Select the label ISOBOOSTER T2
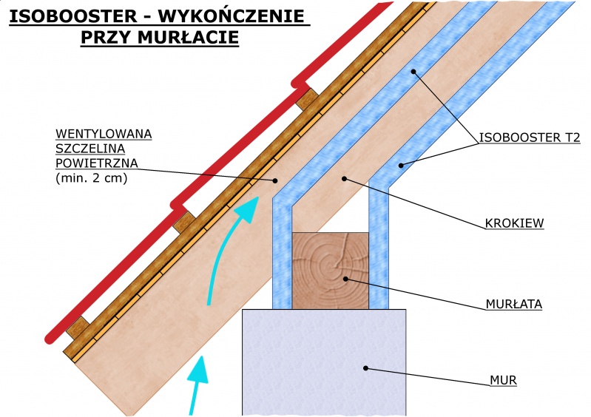click(x=530, y=137)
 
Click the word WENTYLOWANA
click(x=104, y=134)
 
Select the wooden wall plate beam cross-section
click(x=331, y=271)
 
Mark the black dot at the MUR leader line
click(x=365, y=367)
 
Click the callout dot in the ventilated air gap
click(x=274, y=180)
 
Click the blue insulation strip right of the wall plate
click(x=379, y=251)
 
